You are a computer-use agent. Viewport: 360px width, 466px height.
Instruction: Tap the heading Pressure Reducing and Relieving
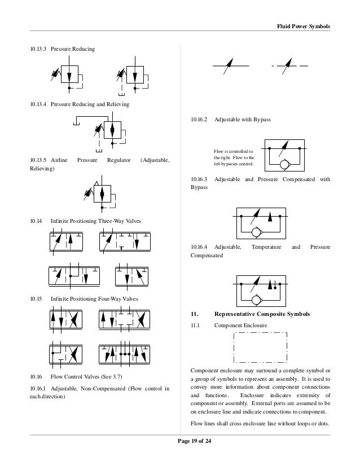coord(90,104)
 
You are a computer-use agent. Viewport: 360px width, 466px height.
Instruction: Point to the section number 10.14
coord(35,221)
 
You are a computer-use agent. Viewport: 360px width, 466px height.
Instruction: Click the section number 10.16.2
coord(199,120)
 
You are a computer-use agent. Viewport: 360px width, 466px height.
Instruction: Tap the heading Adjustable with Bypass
coord(243,120)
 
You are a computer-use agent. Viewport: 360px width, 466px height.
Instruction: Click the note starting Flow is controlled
coord(234,157)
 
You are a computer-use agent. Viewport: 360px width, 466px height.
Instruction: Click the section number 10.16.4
coord(199,247)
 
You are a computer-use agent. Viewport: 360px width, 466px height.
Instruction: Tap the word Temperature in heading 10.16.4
coord(266,247)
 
